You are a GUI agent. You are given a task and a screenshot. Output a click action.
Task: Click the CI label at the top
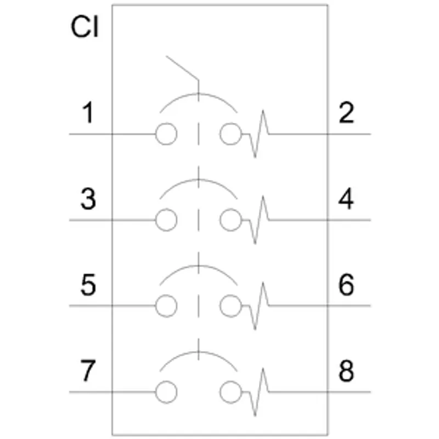[x=85, y=27]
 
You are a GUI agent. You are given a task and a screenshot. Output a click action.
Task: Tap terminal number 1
[x=88, y=113]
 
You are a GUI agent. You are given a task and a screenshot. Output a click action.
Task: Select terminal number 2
[x=346, y=113]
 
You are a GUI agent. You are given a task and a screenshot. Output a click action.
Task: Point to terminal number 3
[x=88, y=199]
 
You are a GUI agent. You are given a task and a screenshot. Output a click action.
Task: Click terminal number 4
[x=346, y=199]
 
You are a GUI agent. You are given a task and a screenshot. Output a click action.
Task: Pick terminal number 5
[x=88, y=285]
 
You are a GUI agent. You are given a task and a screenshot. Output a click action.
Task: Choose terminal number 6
[x=346, y=285]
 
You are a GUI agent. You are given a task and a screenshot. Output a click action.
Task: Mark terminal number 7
[x=88, y=372]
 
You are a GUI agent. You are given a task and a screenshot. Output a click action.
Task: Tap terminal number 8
[x=346, y=372]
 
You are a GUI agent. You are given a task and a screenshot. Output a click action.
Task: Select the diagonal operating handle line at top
[x=182, y=68]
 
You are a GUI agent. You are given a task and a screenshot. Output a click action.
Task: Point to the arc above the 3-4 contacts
[x=199, y=179]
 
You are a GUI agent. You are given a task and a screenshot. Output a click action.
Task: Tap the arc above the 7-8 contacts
[x=199, y=352]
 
